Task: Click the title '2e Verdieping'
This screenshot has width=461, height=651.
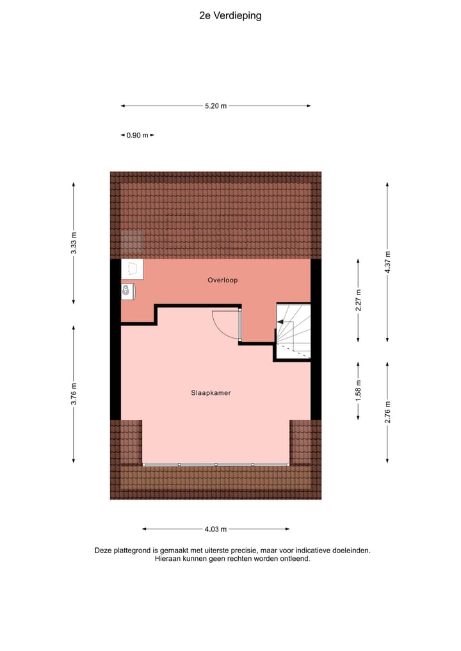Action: click(x=230, y=16)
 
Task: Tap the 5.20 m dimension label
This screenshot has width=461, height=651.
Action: click(x=216, y=106)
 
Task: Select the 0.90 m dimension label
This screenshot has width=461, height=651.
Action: click(x=138, y=135)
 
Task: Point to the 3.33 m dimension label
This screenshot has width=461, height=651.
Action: click(x=74, y=243)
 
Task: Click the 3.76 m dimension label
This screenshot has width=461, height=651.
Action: click(x=74, y=394)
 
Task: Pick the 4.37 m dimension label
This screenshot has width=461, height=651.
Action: click(x=387, y=262)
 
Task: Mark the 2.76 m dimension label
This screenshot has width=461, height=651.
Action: click(x=387, y=412)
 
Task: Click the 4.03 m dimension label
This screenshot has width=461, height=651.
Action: click(x=216, y=529)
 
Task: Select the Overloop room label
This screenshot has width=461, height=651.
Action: click(x=223, y=280)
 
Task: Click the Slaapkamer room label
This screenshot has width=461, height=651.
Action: click(x=211, y=393)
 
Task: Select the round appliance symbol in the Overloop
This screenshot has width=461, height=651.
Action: click(x=127, y=292)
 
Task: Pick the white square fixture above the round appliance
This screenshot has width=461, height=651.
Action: click(x=132, y=268)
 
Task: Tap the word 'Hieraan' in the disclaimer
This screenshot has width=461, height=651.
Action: click(x=167, y=558)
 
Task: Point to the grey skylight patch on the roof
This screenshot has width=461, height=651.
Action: click(x=133, y=241)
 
